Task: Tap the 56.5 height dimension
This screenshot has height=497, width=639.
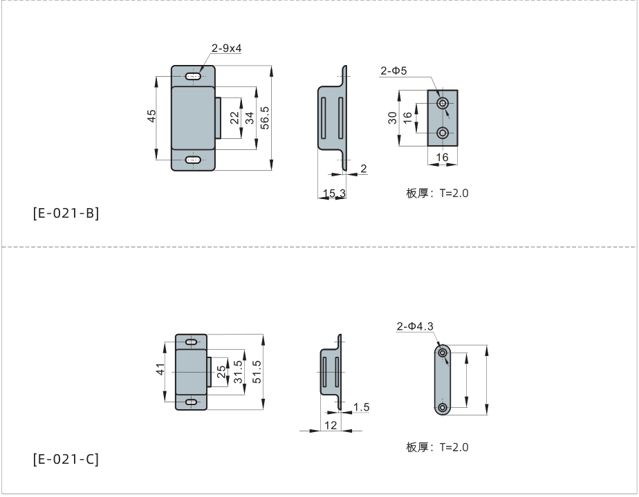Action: [x=264, y=117]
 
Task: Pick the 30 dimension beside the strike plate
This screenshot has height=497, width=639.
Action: [x=391, y=118]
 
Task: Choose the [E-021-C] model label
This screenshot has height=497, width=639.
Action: [x=66, y=459]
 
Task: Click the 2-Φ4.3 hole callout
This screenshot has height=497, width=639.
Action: [x=415, y=326]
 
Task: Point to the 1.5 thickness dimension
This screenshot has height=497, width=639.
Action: [x=360, y=407]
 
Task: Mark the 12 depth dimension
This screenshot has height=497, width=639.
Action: [x=331, y=424]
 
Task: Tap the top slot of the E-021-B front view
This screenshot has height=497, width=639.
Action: [x=194, y=75]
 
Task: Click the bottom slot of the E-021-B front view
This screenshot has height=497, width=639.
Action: [x=194, y=160]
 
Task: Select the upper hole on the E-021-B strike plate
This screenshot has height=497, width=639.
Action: [x=443, y=104]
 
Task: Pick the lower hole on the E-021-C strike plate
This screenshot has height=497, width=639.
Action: [x=443, y=408]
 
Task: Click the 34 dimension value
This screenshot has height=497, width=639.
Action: [x=249, y=118]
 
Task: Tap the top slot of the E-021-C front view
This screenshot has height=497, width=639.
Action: [x=192, y=342]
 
